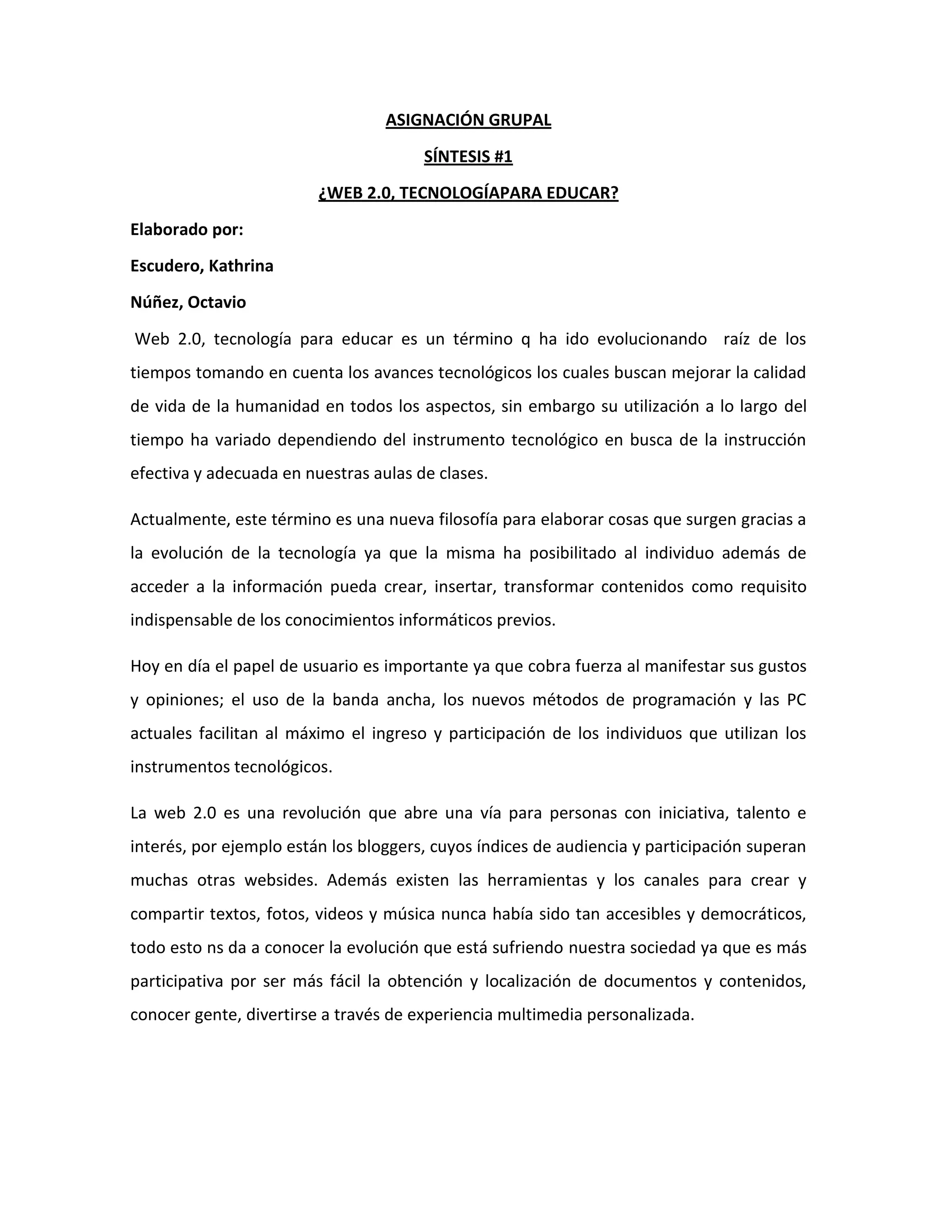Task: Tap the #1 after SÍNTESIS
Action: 502,156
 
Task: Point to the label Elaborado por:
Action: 187,229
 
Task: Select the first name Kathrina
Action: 241,266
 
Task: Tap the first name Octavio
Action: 216,302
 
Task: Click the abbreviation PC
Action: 796,700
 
